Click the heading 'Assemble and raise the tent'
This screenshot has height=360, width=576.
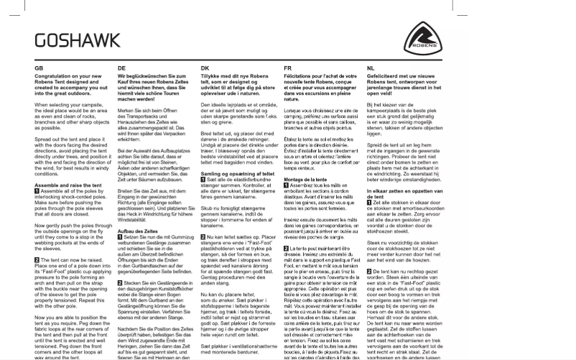[x=65, y=185]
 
